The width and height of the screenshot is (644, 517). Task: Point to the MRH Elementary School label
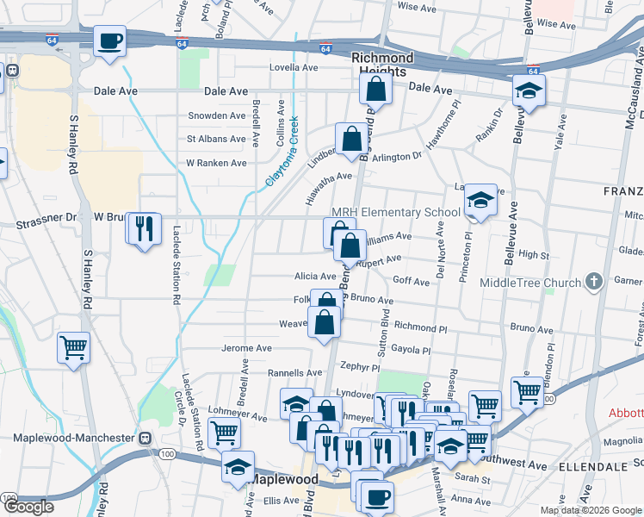click(x=397, y=213)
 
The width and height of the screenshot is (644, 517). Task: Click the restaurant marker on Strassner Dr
click(x=143, y=227)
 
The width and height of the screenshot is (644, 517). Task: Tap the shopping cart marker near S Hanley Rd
click(x=73, y=348)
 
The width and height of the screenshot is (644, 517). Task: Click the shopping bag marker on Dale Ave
click(x=375, y=88)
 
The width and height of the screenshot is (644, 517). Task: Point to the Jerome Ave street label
click(x=247, y=348)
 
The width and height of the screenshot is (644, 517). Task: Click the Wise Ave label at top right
click(x=555, y=25)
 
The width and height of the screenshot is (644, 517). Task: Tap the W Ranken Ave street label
click(x=216, y=163)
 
